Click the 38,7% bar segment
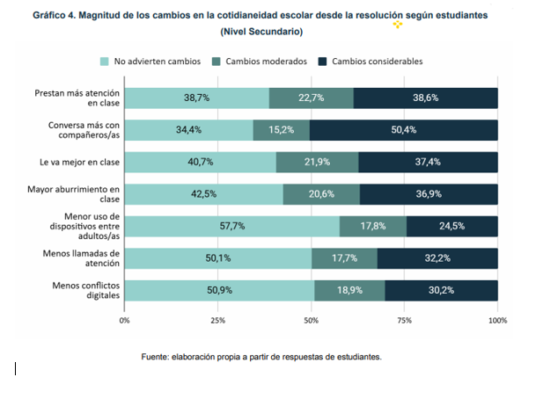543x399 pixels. point(196,98)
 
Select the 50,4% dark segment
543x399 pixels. point(403,130)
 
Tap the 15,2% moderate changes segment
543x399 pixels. point(281,130)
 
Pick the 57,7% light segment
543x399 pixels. point(231,226)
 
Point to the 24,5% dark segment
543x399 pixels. point(451,226)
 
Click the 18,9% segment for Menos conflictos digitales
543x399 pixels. point(349,290)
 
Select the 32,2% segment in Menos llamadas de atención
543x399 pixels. point(437,258)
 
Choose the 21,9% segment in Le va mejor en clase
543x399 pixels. point(317,162)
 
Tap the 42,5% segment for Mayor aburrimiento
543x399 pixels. point(203,194)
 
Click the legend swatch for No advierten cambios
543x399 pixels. point(105,62)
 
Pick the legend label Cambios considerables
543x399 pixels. point(376,62)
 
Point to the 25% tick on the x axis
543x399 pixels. point(217,321)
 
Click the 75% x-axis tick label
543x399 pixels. point(404,321)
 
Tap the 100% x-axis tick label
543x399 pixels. point(497,321)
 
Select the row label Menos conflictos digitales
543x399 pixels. point(83,290)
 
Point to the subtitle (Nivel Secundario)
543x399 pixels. point(261,32)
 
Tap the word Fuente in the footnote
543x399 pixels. point(157,358)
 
